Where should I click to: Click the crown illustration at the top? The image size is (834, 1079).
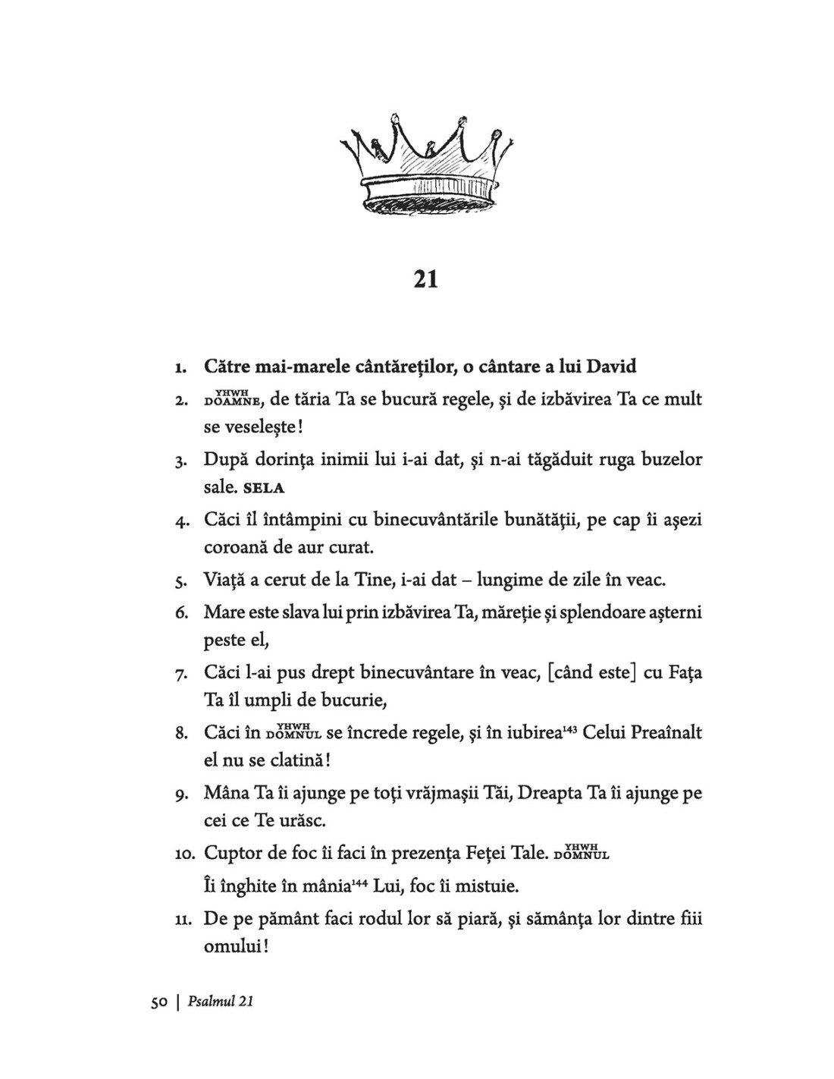tap(425, 163)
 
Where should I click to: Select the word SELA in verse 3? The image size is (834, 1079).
tap(264, 488)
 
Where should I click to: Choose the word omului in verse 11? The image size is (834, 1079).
tap(234, 948)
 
